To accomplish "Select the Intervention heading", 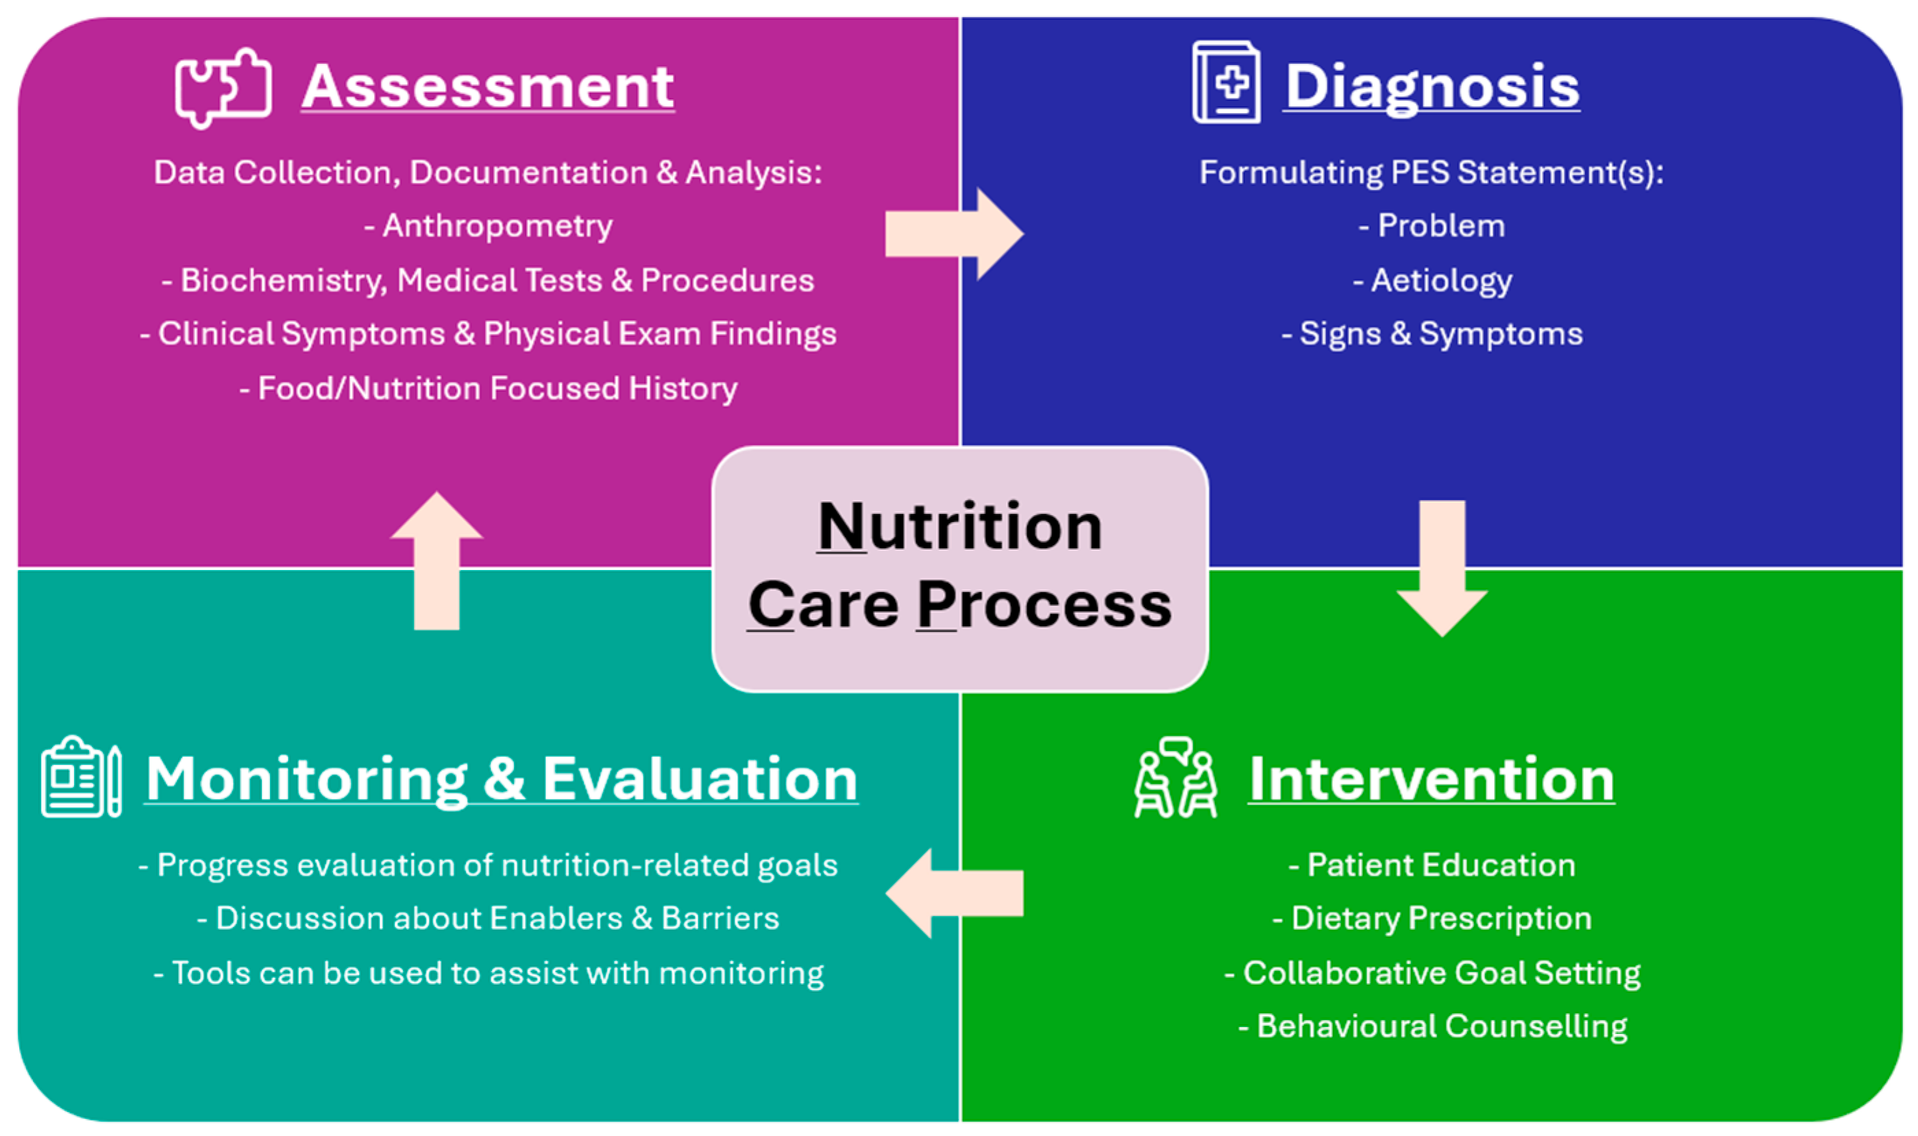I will (x=1431, y=779).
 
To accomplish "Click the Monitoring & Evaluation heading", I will (x=502, y=779).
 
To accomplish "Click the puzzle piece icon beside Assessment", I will (x=223, y=87).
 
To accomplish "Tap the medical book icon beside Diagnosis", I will (x=1226, y=83).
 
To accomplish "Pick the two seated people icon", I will (x=1175, y=778).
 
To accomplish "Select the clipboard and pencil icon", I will (x=81, y=777).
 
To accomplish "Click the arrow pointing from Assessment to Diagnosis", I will (x=954, y=234).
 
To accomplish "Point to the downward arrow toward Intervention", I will (x=1442, y=567).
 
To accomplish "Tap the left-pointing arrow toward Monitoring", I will (x=954, y=893).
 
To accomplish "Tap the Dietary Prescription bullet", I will (x=1432, y=919).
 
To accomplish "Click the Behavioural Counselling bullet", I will (x=1432, y=1026).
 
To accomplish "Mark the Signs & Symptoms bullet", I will (x=1432, y=334).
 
